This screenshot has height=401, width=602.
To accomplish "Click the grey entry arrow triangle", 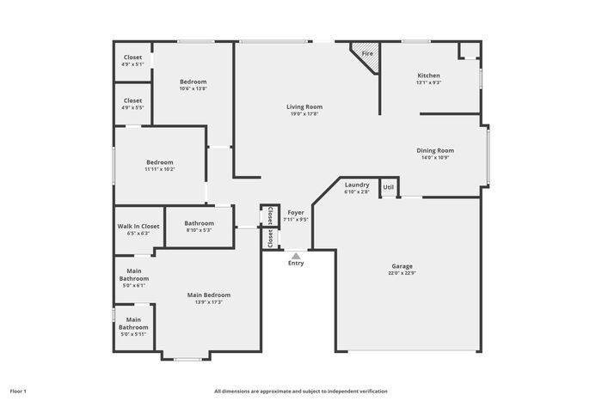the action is [296, 256].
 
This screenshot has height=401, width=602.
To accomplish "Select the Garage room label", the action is [402, 266].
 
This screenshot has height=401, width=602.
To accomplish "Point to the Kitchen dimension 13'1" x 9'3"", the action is [429, 82].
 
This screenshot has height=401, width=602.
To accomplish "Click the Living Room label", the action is [304, 107].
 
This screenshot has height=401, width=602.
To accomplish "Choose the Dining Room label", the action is [435, 150].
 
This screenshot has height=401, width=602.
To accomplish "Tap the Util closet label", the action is [388, 187].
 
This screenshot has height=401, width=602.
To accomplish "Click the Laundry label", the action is [357, 185].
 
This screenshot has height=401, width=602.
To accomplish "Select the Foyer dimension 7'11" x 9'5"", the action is [296, 220].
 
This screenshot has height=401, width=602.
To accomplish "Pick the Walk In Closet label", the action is [138, 226].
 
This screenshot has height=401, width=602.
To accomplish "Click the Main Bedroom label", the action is [209, 295].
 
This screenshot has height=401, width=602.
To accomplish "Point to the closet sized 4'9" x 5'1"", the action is [132, 60].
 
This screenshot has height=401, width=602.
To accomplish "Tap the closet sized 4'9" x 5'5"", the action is [132, 104].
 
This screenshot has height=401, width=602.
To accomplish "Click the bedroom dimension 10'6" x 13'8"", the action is [193, 88].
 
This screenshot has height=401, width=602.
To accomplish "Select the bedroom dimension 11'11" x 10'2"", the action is [160, 169].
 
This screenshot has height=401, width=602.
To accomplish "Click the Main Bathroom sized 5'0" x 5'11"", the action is [133, 326].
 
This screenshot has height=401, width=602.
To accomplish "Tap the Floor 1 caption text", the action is [18, 392].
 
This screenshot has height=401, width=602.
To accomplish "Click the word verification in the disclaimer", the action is [375, 392].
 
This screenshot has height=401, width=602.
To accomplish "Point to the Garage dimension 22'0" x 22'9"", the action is [402, 273].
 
